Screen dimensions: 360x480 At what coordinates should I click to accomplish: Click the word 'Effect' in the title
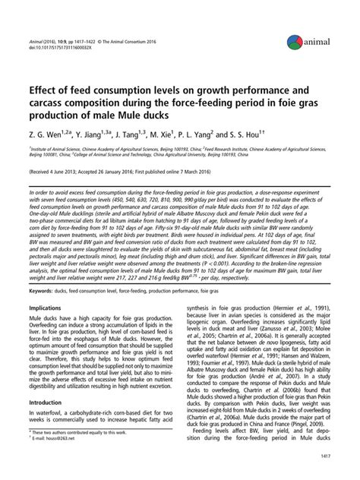47,78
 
